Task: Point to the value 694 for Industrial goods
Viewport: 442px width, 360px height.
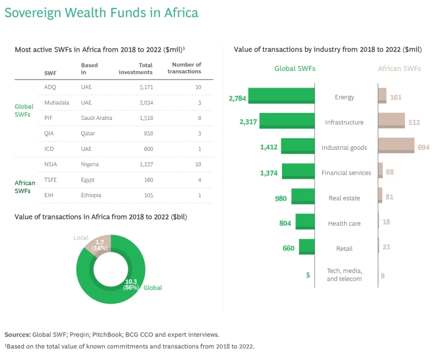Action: click(424, 147)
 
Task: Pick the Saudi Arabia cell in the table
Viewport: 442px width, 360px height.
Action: click(97, 118)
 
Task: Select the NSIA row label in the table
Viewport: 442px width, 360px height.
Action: click(51, 164)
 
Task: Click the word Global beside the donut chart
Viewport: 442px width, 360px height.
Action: click(153, 287)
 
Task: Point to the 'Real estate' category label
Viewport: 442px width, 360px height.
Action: click(344, 198)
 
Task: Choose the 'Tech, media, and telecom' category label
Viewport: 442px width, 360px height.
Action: click(344, 275)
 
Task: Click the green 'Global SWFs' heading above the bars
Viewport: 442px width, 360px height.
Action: click(294, 69)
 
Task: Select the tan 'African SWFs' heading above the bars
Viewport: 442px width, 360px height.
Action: click(399, 69)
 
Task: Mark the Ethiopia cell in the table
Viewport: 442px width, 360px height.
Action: click(92, 195)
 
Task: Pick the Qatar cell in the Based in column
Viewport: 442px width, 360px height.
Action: click(89, 133)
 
